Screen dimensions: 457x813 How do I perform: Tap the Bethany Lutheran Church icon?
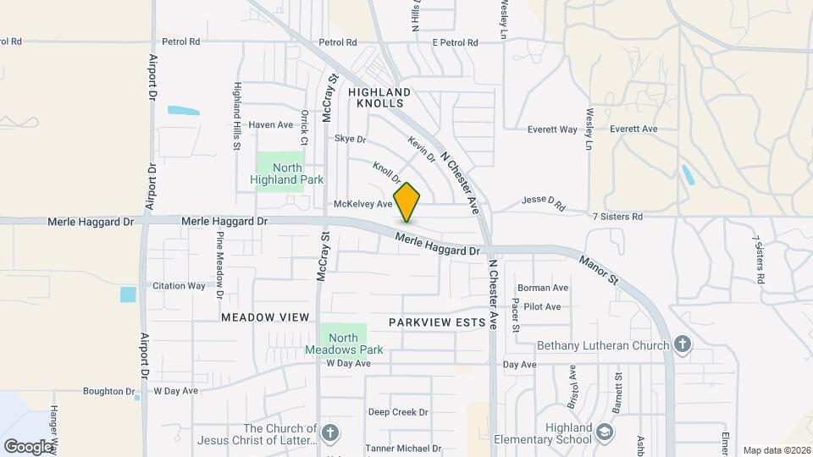[x=683, y=344]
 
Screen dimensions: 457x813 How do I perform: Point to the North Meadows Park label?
[x=344, y=344]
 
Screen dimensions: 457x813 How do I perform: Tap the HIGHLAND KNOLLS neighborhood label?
[x=379, y=96]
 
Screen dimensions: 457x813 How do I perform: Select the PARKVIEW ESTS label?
[x=437, y=322]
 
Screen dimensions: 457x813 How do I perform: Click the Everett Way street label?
[x=552, y=129]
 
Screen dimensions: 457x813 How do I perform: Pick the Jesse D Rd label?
[x=543, y=203]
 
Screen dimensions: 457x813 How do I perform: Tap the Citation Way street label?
[x=179, y=285]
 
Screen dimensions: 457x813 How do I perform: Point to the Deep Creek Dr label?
[x=398, y=412]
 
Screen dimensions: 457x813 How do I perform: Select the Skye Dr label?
[x=350, y=138]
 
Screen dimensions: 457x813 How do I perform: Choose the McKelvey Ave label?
[x=363, y=204]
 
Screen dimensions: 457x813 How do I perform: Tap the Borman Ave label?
[x=542, y=288]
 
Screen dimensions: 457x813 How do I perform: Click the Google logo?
[x=28, y=446]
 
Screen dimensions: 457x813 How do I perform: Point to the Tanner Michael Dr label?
[x=403, y=448]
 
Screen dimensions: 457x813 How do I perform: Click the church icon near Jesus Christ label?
[x=330, y=434]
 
